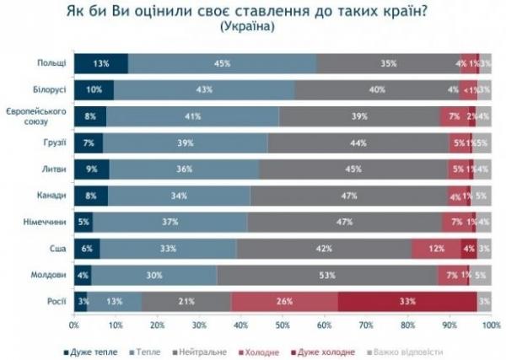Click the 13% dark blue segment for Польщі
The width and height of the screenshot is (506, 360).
click(101, 63)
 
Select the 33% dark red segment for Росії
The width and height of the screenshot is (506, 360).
click(407, 301)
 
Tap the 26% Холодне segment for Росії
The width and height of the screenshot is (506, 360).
click(285, 301)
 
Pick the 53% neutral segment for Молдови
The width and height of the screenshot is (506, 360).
click(326, 275)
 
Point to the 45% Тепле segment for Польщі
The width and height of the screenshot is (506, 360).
click(223, 63)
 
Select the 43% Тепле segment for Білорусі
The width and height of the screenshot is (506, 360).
click(203, 89)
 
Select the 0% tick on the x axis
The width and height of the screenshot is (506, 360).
click(75, 324)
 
